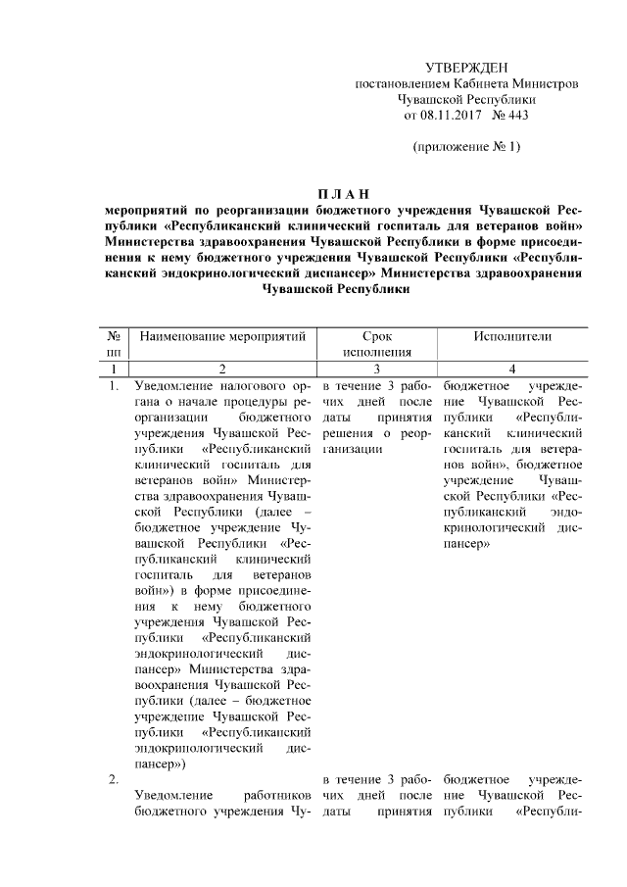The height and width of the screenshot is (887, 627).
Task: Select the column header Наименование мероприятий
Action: (223, 336)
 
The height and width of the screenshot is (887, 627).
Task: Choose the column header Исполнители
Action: (511, 336)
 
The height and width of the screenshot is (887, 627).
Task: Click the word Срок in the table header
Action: (376, 336)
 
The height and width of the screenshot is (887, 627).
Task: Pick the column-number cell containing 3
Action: (376, 369)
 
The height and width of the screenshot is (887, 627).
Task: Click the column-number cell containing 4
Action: (511, 369)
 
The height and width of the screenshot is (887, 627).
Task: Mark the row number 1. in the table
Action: (114, 385)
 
